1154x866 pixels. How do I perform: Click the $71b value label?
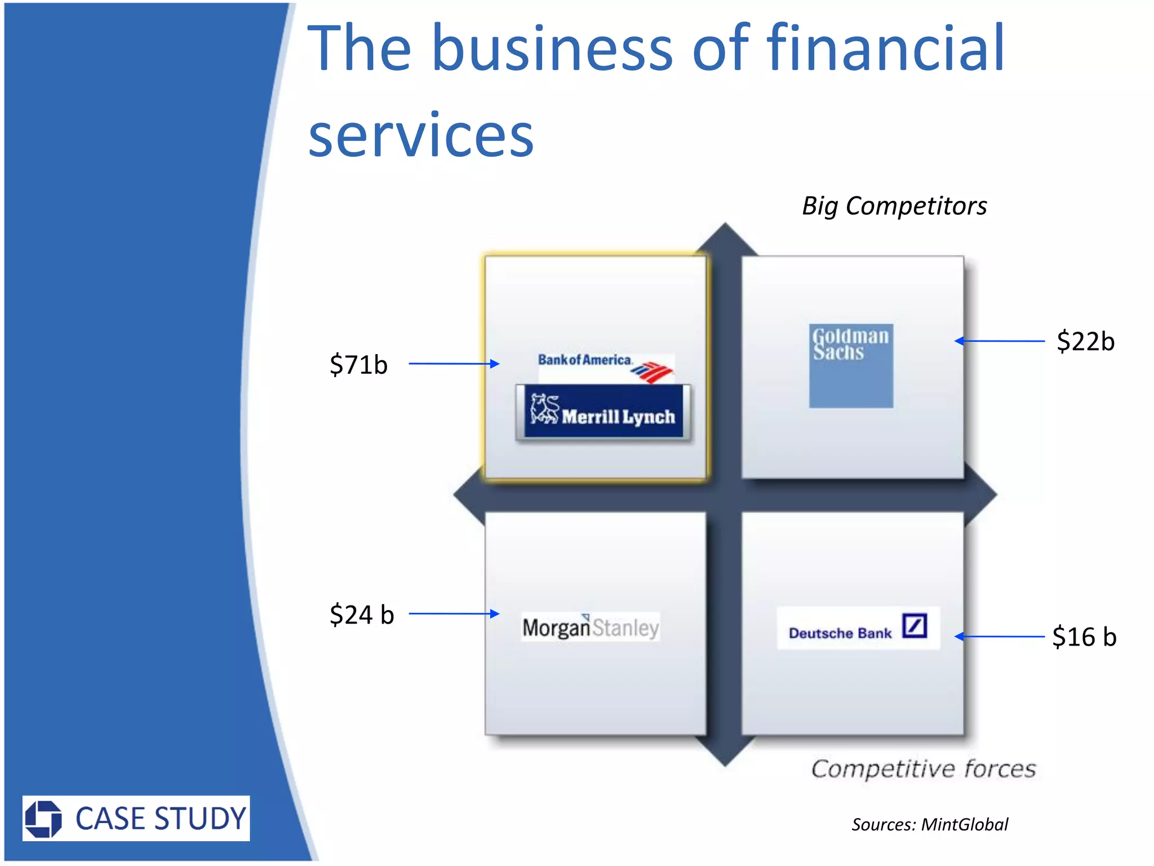pos(358,365)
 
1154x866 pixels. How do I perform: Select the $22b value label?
pos(1085,342)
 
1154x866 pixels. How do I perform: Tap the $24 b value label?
pos(361,615)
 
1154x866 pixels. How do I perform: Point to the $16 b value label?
pos(1084,637)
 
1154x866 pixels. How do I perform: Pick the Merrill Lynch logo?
pos(603,412)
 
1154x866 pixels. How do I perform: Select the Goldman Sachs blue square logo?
pos(851,365)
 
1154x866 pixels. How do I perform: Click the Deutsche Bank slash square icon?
pos(914,626)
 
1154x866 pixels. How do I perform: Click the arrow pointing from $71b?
pos(454,364)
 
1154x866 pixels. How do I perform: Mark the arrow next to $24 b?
pos(454,613)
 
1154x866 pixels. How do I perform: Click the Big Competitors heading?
pos(894,206)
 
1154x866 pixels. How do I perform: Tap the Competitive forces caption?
pos(923,769)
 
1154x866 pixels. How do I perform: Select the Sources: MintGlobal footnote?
pos(929,825)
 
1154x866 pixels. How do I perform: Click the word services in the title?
pos(420,135)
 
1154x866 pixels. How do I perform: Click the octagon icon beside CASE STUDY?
pos(43,819)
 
